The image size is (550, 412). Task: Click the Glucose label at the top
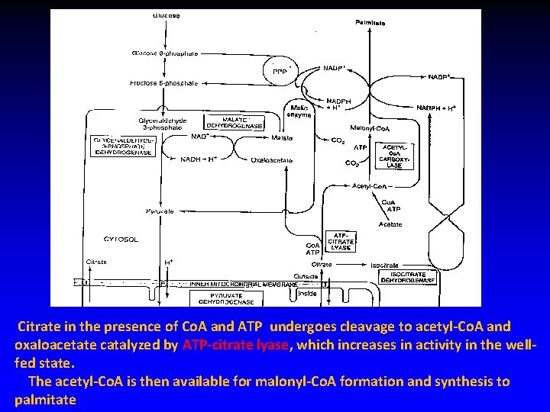coord(166,14)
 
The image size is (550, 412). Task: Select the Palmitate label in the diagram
coord(370,23)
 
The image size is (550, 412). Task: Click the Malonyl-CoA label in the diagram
coord(370,127)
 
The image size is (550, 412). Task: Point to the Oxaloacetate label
coord(271,160)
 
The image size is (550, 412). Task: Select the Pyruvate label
coord(159,211)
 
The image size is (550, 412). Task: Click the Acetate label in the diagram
coord(390,224)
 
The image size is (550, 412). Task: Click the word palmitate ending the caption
coord(45,399)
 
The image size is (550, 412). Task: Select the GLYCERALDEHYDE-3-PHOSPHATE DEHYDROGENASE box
coord(123,146)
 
